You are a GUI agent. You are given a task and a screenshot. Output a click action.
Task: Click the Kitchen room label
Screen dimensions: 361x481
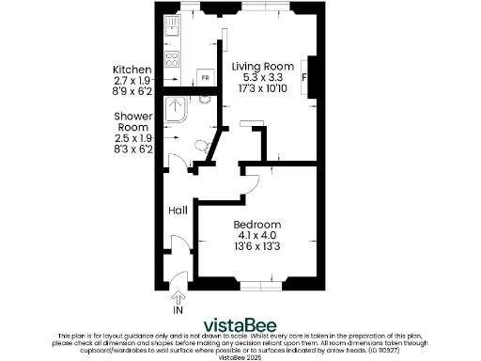[x=132, y=71]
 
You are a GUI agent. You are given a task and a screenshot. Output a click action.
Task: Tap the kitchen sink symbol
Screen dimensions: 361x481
[x=173, y=27]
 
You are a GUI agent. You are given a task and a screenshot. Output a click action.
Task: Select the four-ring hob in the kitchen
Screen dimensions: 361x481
[x=173, y=58]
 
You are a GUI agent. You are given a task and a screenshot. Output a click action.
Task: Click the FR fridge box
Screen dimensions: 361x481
[x=204, y=77]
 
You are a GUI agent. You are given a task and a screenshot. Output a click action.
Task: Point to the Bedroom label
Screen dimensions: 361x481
[x=256, y=225]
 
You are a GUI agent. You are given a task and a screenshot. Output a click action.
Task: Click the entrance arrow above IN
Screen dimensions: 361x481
[x=178, y=296]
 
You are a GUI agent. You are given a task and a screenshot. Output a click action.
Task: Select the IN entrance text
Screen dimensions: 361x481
[x=178, y=309]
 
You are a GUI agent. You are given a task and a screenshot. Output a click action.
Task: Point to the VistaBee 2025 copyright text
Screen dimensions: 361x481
[x=240, y=357]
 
